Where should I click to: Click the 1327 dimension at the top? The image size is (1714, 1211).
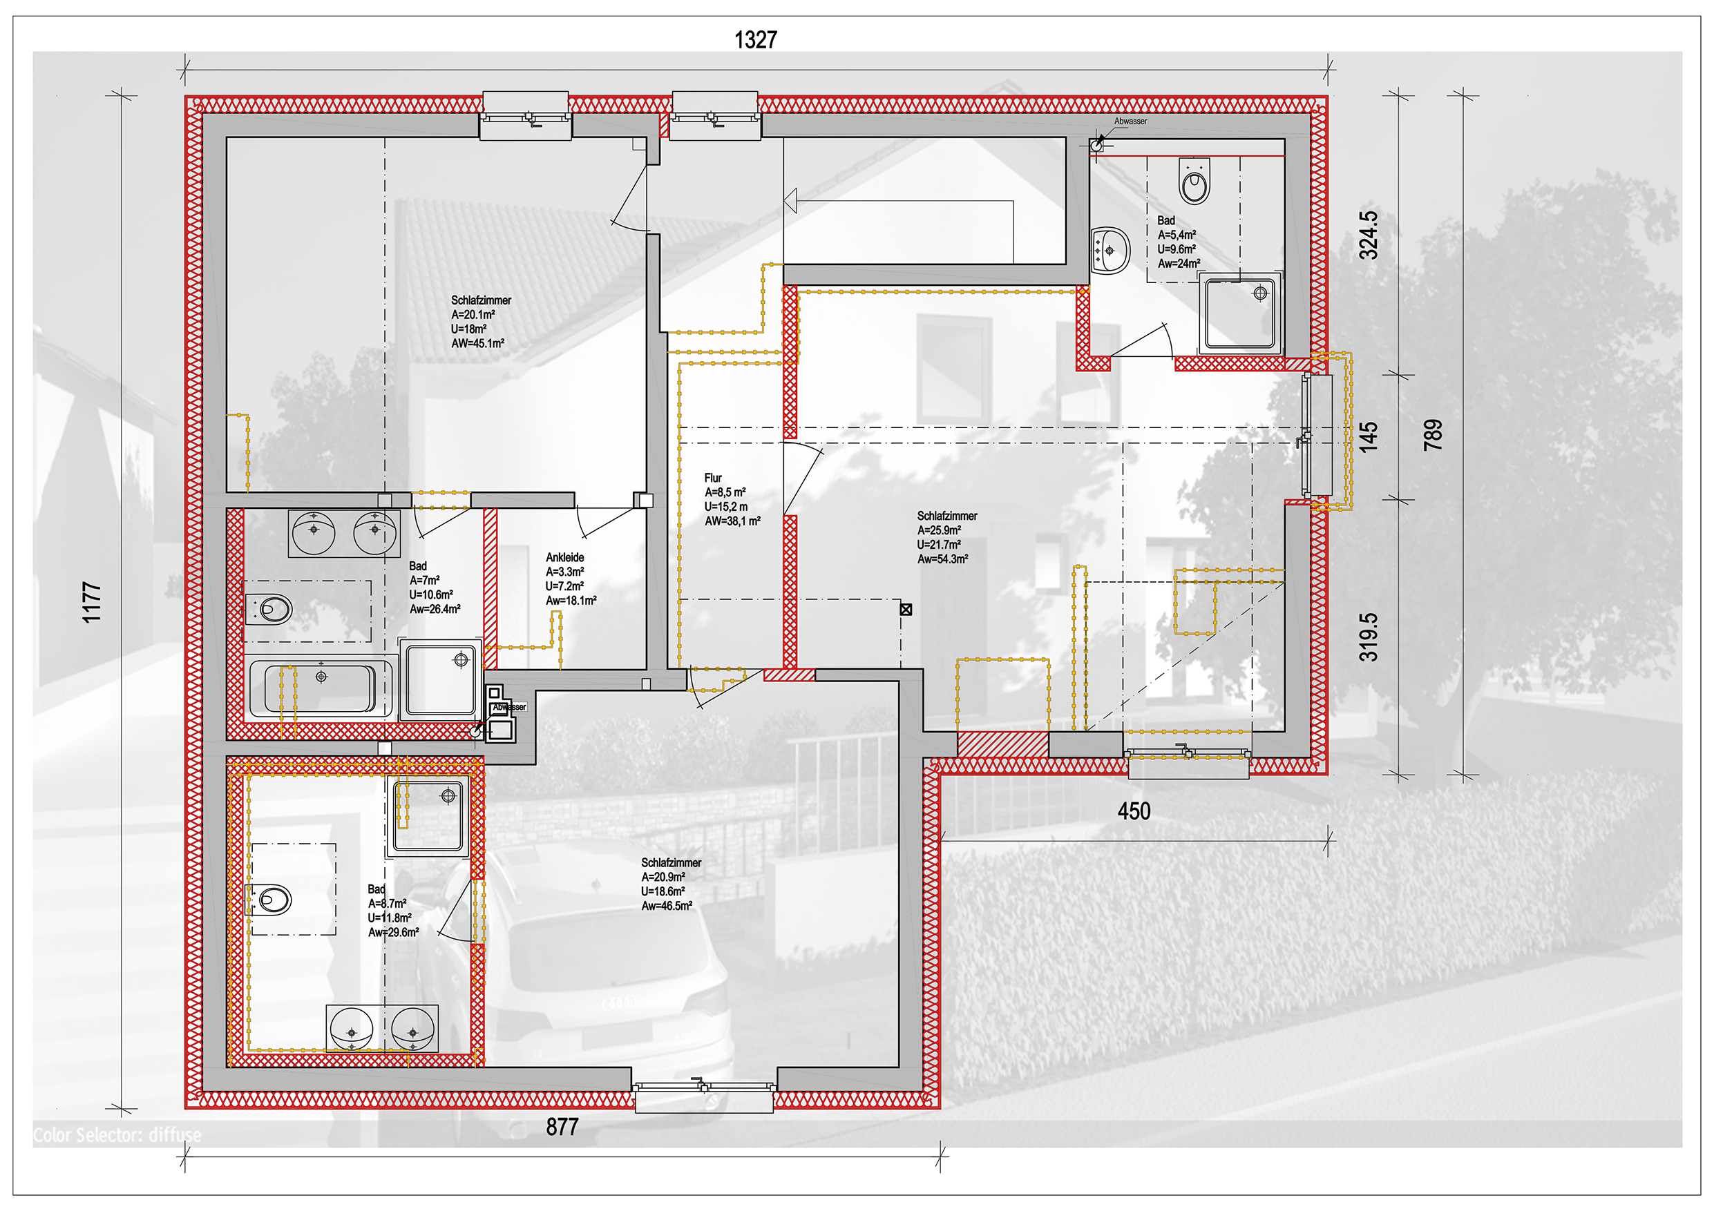tap(756, 39)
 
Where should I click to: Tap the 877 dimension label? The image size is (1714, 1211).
tap(562, 1127)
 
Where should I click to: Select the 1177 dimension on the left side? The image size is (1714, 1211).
tap(91, 602)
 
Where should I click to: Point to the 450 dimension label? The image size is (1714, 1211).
tap(1134, 811)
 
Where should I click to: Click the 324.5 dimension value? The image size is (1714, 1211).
tap(1369, 235)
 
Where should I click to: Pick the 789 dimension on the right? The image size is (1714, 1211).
tap(1433, 435)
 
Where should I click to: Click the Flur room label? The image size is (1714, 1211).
tap(713, 478)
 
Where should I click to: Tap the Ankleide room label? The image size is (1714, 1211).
tap(565, 557)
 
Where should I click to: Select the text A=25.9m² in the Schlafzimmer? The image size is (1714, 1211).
tap(939, 530)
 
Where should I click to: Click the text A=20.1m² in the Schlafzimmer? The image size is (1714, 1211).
tap(473, 315)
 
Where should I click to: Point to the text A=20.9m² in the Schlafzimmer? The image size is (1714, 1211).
tap(663, 878)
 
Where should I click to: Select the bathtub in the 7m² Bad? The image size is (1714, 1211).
tap(321, 686)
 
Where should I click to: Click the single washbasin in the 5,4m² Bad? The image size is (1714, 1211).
tap(1110, 250)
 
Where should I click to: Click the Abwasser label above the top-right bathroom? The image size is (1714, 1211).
tap(1130, 121)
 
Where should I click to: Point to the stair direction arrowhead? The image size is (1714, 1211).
tap(790, 201)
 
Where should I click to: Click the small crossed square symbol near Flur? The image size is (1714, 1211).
tap(906, 610)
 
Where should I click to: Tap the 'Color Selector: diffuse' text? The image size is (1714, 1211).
tap(117, 1135)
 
